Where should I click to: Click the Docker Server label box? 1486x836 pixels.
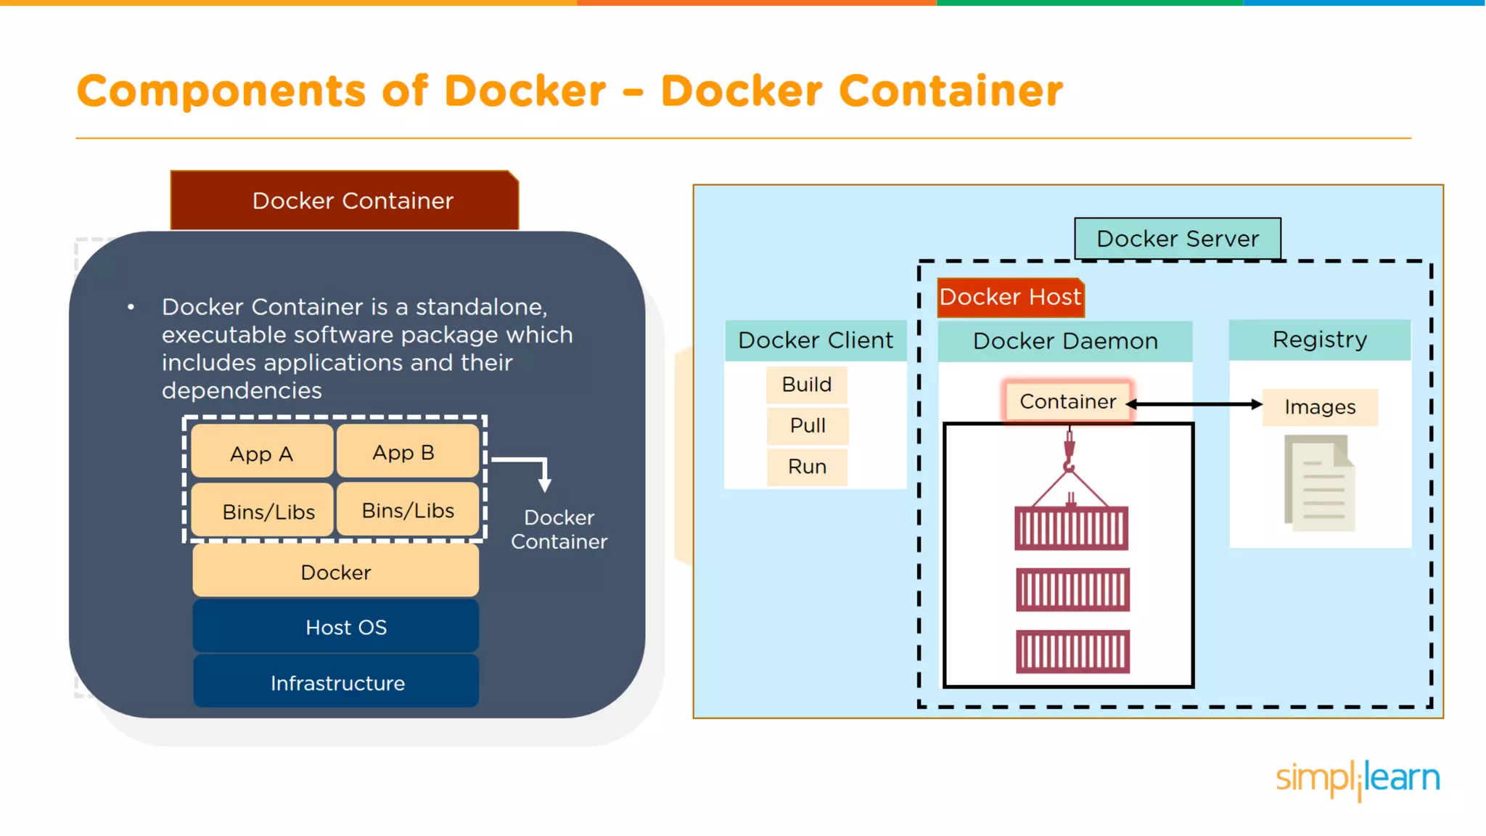1177,239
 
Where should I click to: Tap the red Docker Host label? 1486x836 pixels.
1010,298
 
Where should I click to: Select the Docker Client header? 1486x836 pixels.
816,340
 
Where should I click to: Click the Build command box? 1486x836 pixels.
807,385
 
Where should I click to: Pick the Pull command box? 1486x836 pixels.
808,425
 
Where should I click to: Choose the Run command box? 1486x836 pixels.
807,467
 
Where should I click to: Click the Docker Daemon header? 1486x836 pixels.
1065,341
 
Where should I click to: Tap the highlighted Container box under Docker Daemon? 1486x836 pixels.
1067,401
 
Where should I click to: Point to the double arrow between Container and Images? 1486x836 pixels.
1196,404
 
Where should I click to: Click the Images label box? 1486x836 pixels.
1320,407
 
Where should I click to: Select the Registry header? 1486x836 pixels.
1319,340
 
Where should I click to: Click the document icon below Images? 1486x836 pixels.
1319,483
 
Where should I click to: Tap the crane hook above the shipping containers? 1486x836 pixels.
1069,453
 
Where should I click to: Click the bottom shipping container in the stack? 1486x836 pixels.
1072,652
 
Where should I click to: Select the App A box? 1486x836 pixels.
261,454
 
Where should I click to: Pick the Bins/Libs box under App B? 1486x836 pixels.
408,510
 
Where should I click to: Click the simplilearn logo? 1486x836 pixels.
1357,779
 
